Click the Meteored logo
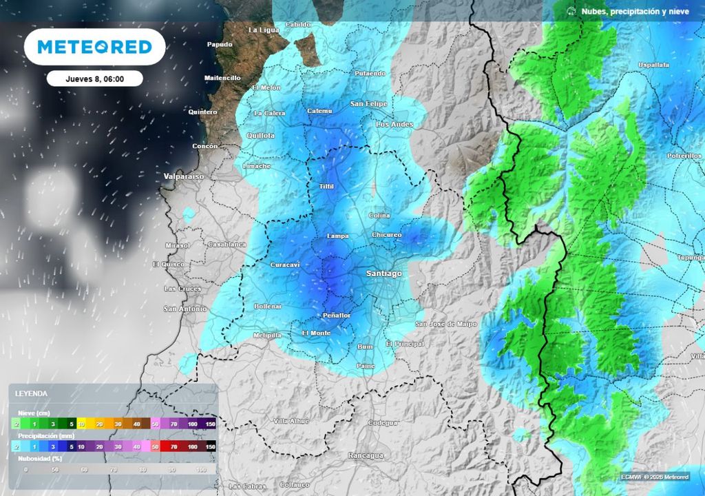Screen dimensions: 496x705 click(x=94, y=47)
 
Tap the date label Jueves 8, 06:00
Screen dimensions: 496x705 click(x=94, y=79)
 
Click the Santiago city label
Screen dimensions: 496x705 click(x=383, y=273)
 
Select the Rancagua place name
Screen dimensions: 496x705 click(x=366, y=455)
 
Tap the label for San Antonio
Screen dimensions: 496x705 click(x=185, y=309)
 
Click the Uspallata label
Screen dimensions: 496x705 click(x=653, y=65)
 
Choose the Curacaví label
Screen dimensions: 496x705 click(x=285, y=265)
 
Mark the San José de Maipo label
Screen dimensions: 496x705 click(x=446, y=324)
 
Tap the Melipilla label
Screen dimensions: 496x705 click(x=267, y=335)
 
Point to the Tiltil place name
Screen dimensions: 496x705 click(x=326, y=187)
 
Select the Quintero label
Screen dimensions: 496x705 click(x=202, y=112)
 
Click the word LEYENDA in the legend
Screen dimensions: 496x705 click(x=32, y=393)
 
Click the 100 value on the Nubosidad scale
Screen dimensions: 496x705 click(x=201, y=469)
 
